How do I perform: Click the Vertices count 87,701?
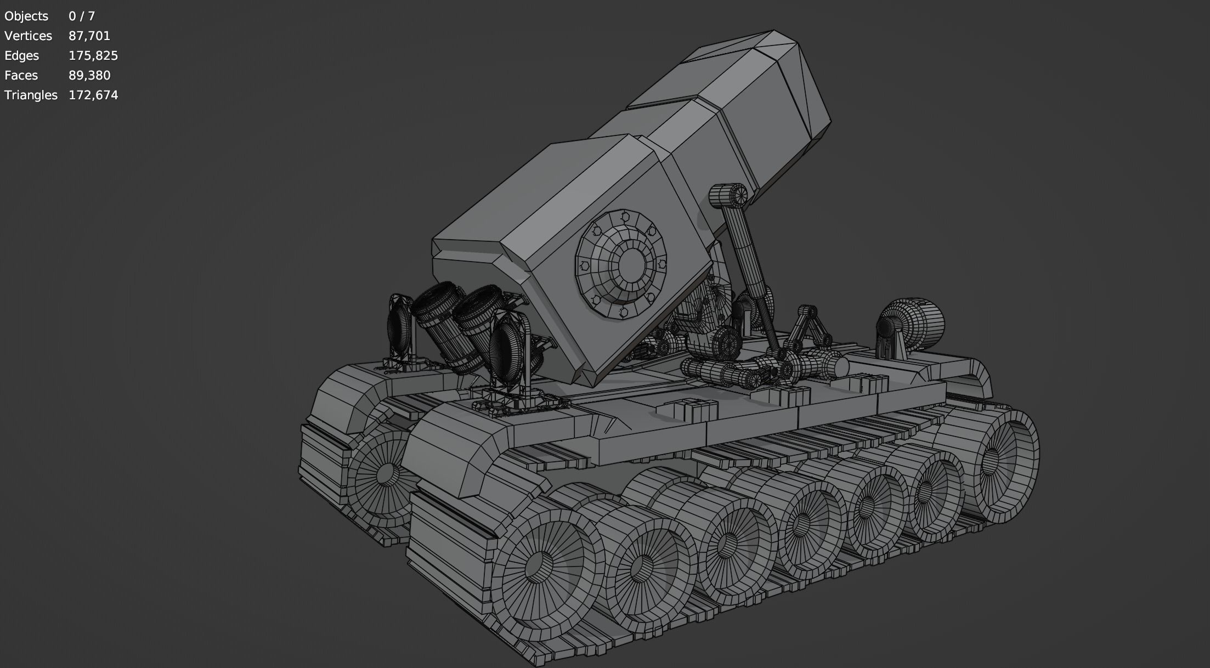[89, 36]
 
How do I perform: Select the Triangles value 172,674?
[93, 95]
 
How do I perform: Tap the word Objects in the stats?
[26, 16]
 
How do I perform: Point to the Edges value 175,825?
[93, 56]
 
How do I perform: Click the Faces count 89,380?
[89, 76]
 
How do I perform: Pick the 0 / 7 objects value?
[82, 16]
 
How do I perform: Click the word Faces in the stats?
[21, 76]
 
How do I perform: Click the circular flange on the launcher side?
[621, 264]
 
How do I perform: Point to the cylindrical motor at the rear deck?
[915, 323]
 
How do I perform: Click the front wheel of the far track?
[383, 474]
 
